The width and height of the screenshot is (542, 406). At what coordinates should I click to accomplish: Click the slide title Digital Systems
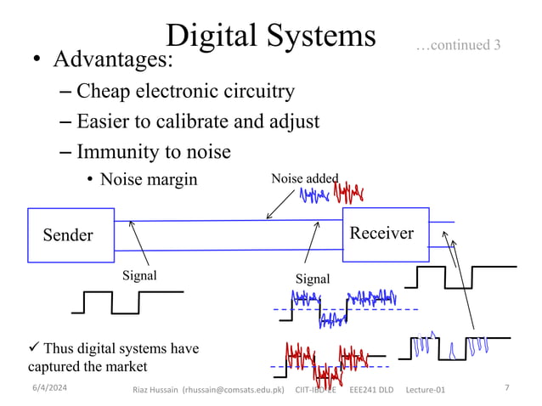click(270, 35)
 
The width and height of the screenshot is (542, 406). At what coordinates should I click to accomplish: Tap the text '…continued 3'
click(458, 44)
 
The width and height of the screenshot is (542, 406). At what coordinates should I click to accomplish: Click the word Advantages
click(113, 60)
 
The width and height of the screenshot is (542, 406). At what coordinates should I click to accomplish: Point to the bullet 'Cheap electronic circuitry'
click(185, 91)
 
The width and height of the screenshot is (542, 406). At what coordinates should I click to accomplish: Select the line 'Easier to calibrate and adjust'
click(197, 121)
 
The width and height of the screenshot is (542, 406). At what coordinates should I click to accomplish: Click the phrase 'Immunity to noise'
click(153, 152)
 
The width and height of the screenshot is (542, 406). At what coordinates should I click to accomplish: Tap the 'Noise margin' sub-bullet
click(148, 179)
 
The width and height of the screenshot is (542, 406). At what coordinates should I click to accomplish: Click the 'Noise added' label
click(304, 178)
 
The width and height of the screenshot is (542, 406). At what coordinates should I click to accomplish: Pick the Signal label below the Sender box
click(139, 275)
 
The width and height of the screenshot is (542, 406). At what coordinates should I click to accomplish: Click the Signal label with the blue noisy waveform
click(312, 279)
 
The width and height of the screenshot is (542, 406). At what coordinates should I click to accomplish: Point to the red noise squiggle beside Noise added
click(348, 191)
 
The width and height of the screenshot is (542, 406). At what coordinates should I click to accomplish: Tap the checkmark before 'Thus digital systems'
click(24, 348)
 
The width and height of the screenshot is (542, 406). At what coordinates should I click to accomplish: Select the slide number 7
click(506, 388)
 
